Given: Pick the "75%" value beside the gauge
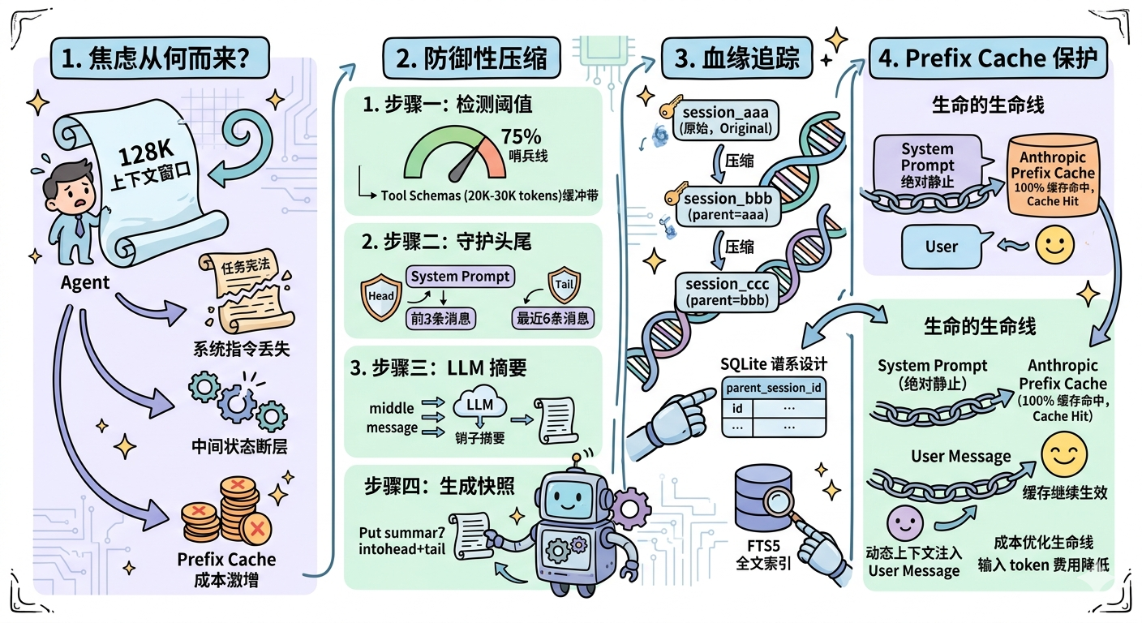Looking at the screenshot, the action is pyautogui.click(x=521, y=136).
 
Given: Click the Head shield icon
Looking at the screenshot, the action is pyautogui.click(x=381, y=294).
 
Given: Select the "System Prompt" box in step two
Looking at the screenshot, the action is pyautogui.click(x=460, y=277).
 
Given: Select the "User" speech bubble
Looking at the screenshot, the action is pyautogui.click(x=942, y=246).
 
